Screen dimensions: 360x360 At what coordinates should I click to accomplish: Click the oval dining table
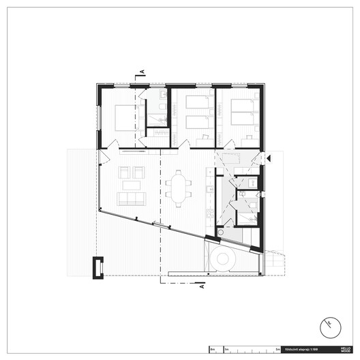click(x=179, y=187)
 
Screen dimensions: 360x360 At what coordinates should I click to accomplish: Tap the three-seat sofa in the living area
click(x=131, y=198)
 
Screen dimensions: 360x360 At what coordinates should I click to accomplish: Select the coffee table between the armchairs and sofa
click(x=131, y=185)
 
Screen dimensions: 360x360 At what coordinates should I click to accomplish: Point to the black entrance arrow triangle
click(x=269, y=158)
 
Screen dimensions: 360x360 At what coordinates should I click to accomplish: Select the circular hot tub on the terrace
click(x=224, y=260)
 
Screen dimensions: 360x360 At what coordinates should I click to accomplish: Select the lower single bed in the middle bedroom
click(x=198, y=122)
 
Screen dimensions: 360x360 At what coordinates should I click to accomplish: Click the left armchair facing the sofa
click(x=124, y=172)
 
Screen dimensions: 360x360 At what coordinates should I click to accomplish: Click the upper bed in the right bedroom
click(x=242, y=105)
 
